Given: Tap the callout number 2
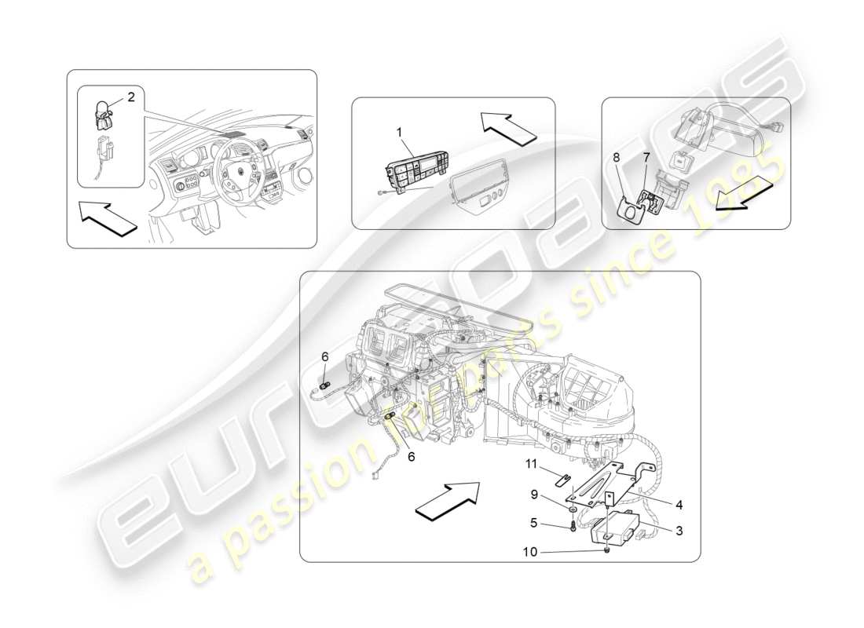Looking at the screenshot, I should pos(130,97).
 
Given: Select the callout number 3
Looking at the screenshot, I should pos(679,530).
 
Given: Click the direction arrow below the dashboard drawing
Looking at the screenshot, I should pos(108,219).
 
